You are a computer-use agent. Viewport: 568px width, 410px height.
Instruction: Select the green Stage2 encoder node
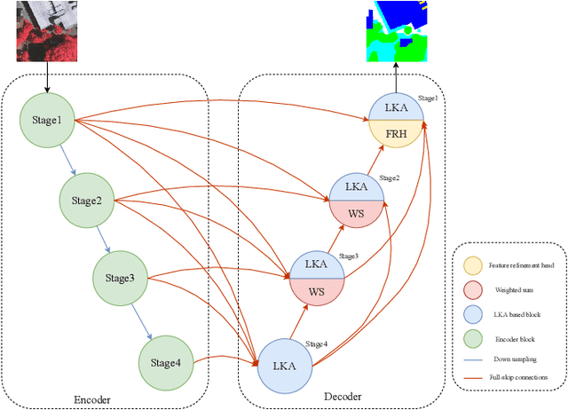[87, 200]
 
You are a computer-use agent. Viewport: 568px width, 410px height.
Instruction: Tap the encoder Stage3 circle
[120, 278]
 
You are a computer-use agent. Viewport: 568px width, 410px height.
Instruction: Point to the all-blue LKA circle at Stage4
[285, 365]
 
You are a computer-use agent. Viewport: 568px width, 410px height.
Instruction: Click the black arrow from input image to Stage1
[46, 78]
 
